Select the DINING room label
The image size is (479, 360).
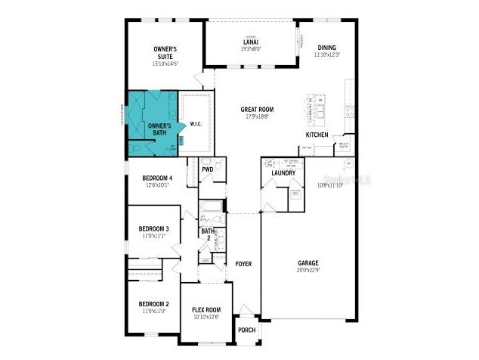pyautogui.click(x=327, y=46)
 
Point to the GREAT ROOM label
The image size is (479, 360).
pyautogui.click(x=257, y=110)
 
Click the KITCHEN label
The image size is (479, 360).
pyautogui.click(x=317, y=134)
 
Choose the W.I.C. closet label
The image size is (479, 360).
pyautogui.click(x=195, y=124)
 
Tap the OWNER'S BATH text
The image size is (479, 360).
pyautogui.click(x=159, y=129)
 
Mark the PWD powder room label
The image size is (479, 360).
pyautogui.click(x=207, y=170)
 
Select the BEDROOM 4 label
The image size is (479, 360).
pyautogui.click(x=157, y=178)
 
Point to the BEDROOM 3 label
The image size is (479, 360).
pyautogui.click(x=153, y=229)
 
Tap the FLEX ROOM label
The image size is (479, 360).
pyautogui.click(x=206, y=309)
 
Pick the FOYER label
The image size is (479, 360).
pyautogui.click(x=243, y=264)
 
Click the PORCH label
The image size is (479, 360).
pyautogui.click(x=247, y=330)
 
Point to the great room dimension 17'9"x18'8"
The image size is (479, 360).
pyautogui.click(x=257, y=116)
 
